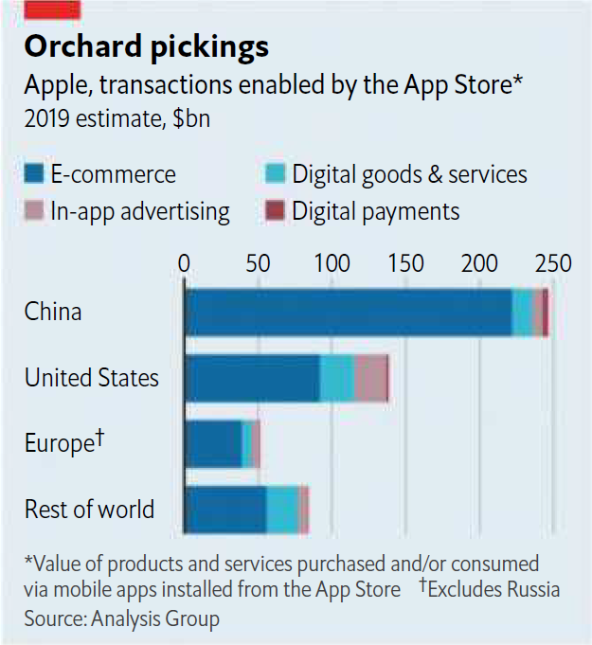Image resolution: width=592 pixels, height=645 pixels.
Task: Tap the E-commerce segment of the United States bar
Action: coord(252,378)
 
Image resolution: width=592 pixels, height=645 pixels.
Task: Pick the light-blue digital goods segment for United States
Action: coord(336,378)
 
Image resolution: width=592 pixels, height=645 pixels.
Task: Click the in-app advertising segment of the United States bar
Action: coord(369,378)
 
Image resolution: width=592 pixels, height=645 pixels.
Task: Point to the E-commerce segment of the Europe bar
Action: coord(213,444)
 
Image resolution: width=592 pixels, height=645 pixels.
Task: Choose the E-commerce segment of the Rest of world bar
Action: coord(225,510)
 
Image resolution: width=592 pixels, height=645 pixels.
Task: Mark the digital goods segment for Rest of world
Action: coord(281,510)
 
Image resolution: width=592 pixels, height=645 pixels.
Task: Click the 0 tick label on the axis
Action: coord(185,262)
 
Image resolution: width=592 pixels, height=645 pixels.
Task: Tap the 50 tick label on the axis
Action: coord(259,262)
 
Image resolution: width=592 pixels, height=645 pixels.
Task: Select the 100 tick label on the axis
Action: coord(332,262)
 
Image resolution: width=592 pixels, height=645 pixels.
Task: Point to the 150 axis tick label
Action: coord(406,262)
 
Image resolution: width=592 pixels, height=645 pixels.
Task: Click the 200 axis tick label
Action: coord(480,262)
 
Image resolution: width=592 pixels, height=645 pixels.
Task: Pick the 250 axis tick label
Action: coord(553,262)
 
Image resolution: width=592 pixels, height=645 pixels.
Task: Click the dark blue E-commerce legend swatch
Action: coord(34,173)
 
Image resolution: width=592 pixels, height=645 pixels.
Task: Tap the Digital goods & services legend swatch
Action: coord(275,173)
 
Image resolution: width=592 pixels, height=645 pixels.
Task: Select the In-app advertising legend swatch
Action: coord(34,210)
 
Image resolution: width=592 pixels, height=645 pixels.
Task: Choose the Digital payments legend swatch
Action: coord(275,210)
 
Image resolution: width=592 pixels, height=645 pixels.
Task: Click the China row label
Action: coord(53,312)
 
